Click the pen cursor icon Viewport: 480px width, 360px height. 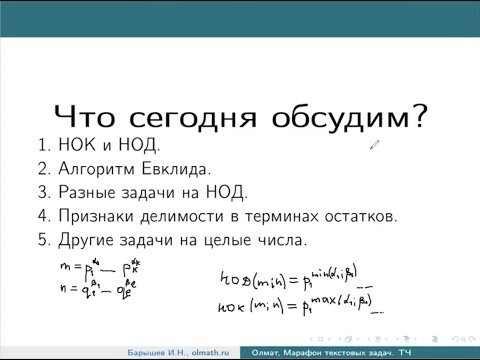pos(374,145)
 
